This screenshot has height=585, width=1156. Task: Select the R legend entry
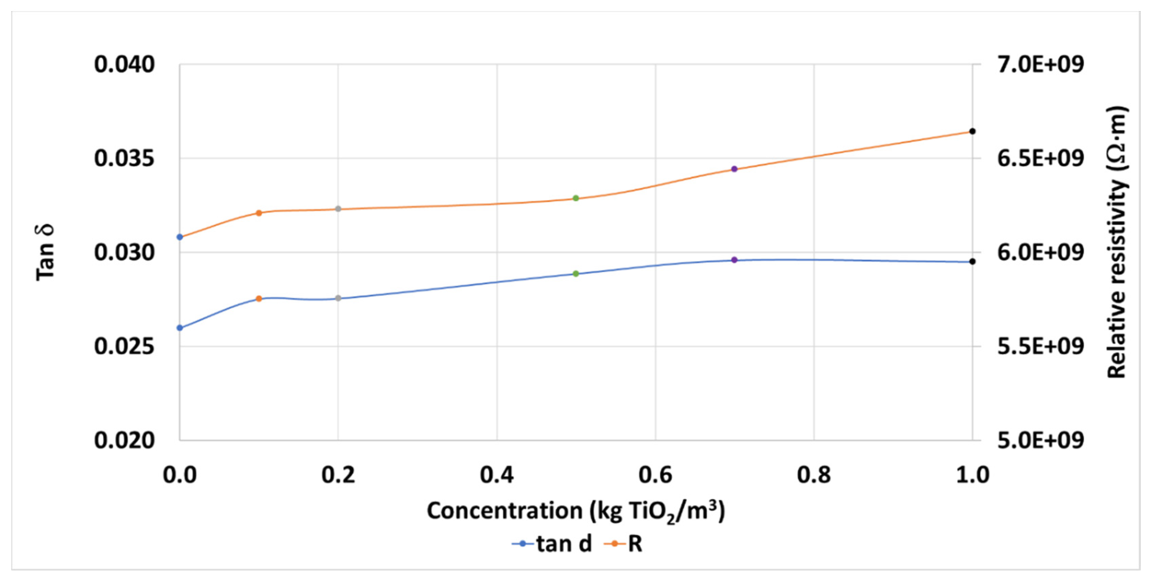[624, 544]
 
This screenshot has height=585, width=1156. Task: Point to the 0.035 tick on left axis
[124, 158]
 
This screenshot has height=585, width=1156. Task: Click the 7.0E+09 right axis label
[1040, 64]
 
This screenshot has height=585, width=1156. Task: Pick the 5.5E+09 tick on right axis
[1040, 346]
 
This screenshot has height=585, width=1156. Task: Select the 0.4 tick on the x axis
[497, 475]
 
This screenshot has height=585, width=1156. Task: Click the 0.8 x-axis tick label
[814, 475]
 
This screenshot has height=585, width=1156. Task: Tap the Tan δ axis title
[45, 252]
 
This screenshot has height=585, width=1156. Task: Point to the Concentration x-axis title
[576, 511]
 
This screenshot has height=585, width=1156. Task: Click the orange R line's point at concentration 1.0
[972, 131]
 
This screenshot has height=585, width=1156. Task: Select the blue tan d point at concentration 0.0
[180, 328]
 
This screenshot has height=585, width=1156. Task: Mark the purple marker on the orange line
[734, 169]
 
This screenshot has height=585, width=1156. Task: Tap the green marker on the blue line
[576, 274]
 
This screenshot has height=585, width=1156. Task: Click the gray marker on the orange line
[338, 209]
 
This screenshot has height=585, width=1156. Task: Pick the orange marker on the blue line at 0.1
[259, 299]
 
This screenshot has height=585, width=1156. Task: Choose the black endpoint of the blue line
[972, 262]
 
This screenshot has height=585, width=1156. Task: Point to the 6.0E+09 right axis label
[1040, 252]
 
